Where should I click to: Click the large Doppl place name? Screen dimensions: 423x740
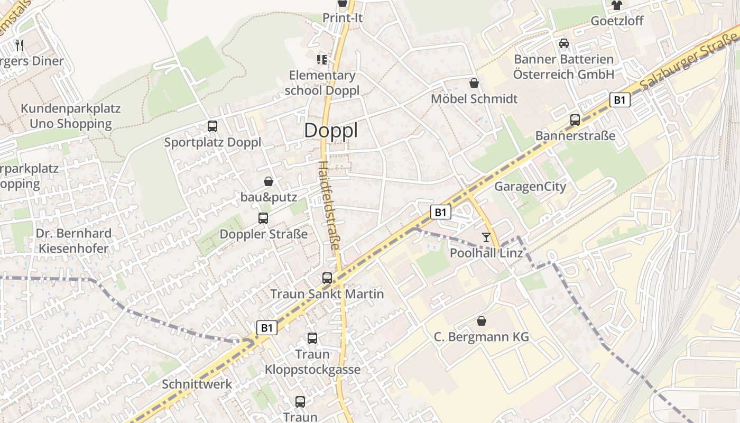[331, 131]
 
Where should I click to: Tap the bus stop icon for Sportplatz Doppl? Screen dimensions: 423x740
[212, 126]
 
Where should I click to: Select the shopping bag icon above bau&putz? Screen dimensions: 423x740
[269, 181]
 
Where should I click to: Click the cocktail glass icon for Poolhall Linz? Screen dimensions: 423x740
[486, 237]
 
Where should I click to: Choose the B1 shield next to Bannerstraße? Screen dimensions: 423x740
[620, 100]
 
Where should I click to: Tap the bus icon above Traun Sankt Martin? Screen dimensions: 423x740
[327, 278]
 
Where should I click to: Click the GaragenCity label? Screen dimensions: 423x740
[530, 187]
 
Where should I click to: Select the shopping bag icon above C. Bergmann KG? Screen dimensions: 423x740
[482, 321]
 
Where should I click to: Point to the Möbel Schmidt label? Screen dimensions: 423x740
[474, 99]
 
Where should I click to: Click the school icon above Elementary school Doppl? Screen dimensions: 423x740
[321, 60]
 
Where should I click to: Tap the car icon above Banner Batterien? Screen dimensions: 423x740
[564, 43]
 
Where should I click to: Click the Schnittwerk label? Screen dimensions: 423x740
[197, 384]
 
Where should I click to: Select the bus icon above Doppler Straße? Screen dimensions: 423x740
[263, 218]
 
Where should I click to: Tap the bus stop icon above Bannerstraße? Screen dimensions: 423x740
[575, 120]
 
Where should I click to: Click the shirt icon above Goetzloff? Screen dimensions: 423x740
[617, 6]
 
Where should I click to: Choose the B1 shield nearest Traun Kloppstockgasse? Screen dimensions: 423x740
[267, 328]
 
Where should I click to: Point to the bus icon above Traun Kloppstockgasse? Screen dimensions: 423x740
[312, 338]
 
